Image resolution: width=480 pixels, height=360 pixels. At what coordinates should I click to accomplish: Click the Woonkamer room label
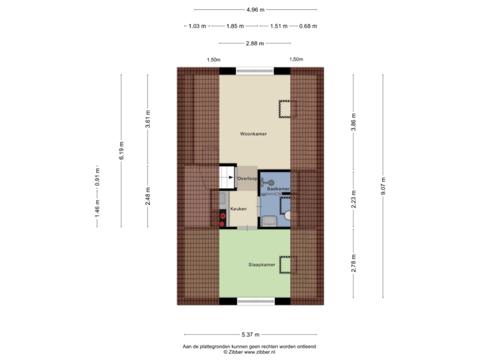tap(253, 134)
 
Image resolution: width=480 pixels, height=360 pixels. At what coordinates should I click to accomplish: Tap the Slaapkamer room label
tap(262, 265)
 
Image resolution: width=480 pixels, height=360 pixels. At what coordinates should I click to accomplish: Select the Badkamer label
tap(277, 189)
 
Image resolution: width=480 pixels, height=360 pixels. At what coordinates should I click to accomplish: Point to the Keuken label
tap(239, 209)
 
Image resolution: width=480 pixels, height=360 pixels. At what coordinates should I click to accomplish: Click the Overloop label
tap(247, 179)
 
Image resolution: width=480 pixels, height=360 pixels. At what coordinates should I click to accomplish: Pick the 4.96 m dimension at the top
tap(255, 10)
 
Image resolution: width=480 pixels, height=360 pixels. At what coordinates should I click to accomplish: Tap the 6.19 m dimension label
tap(121, 152)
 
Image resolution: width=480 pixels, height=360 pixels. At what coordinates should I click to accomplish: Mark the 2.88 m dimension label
tap(255, 43)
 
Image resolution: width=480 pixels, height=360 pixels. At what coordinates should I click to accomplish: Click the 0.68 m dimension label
tap(309, 26)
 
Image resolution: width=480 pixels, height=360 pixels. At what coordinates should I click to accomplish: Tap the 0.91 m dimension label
tap(97, 176)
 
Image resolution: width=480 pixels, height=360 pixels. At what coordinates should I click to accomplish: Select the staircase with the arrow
tap(223, 177)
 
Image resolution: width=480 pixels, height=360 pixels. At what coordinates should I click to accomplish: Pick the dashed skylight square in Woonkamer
tap(286, 108)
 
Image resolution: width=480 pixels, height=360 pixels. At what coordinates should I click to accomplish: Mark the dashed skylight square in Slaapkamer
tap(285, 265)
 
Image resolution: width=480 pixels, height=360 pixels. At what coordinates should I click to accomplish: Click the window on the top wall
tap(255, 69)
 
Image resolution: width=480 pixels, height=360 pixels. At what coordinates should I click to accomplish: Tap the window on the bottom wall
tap(255, 301)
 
